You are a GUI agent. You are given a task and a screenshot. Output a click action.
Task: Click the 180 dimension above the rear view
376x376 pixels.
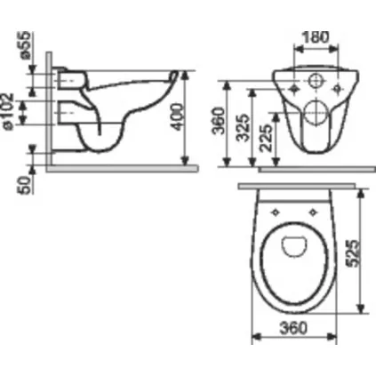(316, 36)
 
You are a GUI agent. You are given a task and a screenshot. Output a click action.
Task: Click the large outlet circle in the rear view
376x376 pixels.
(315, 113)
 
